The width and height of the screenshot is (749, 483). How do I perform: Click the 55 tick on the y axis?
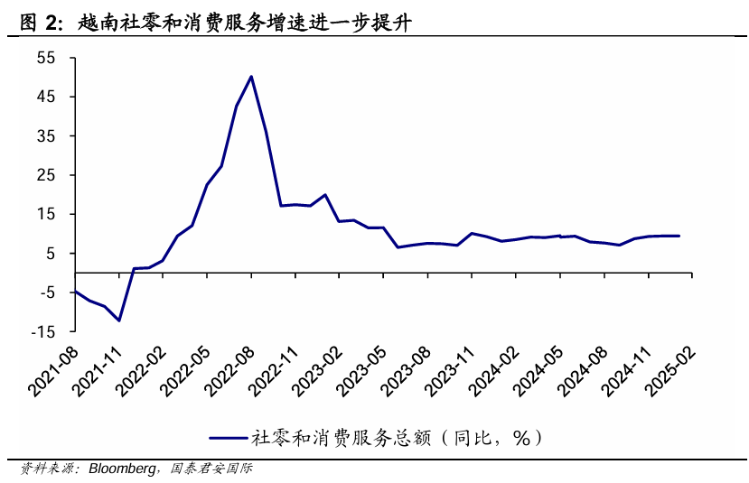click(45, 58)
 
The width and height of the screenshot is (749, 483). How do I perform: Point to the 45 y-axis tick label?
click(45, 97)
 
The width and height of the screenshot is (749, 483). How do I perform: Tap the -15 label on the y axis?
click(42, 331)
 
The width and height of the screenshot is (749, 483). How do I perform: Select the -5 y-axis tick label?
click(45, 293)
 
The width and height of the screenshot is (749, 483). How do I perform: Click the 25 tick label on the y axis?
click(45, 175)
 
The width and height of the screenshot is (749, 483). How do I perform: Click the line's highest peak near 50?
click(251, 76)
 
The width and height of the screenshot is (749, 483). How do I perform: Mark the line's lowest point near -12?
click(118, 320)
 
